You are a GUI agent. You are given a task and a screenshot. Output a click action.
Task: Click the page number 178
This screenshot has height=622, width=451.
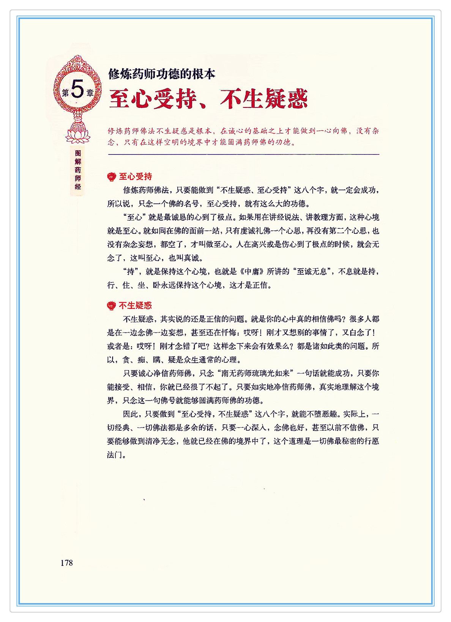pyautogui.click(x=66, y=563)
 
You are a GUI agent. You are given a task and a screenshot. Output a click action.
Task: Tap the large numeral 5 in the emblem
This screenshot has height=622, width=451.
pyautogui.click(x=77, y=90)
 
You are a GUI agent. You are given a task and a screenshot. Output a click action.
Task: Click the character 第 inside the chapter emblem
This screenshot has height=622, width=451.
pyautogui.click(x=65, y=93)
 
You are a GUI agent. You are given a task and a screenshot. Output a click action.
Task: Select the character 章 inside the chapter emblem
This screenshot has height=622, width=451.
pyautogui.click(x=90, y=93)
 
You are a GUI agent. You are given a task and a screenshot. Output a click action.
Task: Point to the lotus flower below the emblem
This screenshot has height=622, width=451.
pyautogui.click(x=78, y=134)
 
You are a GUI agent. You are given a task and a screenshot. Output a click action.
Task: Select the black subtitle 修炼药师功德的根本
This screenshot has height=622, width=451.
pyautogui.click(x=162, y=74)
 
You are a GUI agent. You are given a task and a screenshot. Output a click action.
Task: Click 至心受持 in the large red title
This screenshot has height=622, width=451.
pyautogui.click(x=153, y=99)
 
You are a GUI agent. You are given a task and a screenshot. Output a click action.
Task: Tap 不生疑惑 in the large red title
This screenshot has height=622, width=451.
pyautogui.click(x=264, y=99)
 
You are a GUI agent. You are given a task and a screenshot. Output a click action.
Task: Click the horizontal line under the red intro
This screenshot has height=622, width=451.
pyautogui.click(x=243, y=154)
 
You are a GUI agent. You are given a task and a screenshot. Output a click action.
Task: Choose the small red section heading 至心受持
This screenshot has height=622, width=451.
pyautogui.click(x=135, y=176)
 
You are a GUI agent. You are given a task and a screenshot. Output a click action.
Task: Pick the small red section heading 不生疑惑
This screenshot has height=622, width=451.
pyautogui.click(x=135, y=305)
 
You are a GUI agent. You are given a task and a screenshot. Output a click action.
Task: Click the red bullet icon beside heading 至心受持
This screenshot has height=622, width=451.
pyautogui.click(x=111, y=177)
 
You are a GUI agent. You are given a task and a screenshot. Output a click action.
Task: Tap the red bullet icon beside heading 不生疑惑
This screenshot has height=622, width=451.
pyautogui.click(x=111, y=306)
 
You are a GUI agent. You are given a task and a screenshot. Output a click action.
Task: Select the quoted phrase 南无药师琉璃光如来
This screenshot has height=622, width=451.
pyautogui.click(x=255, y=373)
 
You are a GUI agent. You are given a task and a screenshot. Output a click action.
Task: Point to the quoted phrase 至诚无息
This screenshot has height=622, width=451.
pyautogui.click(x=310, y=272)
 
